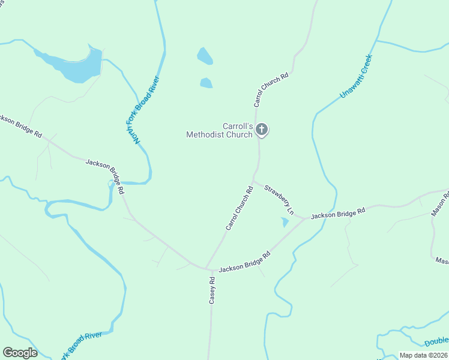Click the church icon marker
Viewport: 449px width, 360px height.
[262, 129]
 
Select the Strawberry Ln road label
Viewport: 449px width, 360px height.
[280, 200]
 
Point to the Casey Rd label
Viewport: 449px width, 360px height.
[212, 290]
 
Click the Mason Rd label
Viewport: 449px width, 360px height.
[440, 204]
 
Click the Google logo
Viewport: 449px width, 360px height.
[20, 353]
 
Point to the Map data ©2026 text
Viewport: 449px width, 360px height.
[423, 355]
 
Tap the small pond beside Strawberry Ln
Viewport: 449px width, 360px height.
[285, 223]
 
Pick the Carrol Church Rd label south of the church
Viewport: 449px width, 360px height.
[240, 208]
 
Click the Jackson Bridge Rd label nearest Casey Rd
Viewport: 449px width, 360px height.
[244, 262]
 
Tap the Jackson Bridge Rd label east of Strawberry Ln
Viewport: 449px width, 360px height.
[338, 213]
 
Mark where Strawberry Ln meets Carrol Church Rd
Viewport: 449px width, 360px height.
[253, 180]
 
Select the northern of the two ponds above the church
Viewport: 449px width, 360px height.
[205, 56]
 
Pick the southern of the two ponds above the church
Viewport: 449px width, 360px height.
[206, 83]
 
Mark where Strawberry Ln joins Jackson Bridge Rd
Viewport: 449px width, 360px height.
[305, 218]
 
